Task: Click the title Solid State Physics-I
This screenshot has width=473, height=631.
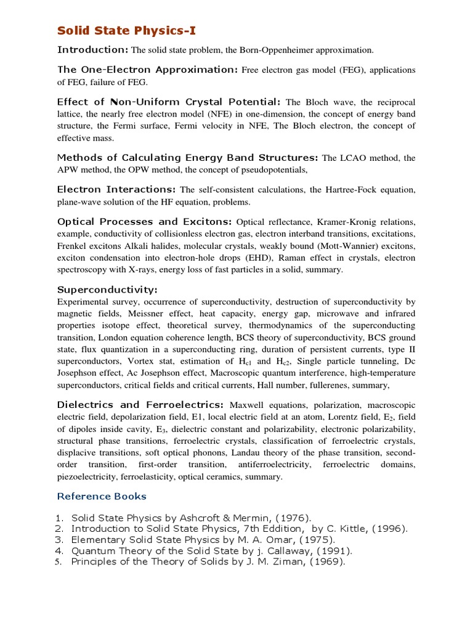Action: tap(127, 30)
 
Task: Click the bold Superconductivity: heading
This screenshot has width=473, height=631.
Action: tap(107, 290)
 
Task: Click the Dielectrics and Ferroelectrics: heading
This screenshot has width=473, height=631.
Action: tap(140, 405)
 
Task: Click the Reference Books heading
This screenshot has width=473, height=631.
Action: tap(102, 496)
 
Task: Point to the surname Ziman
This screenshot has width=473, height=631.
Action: tap(289, 562)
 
